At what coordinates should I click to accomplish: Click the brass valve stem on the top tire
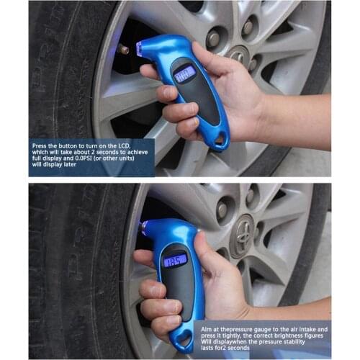(x=123, y=50)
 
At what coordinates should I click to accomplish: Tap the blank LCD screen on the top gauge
(x=186, y=73)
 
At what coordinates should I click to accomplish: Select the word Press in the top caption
(x=40, y=146)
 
